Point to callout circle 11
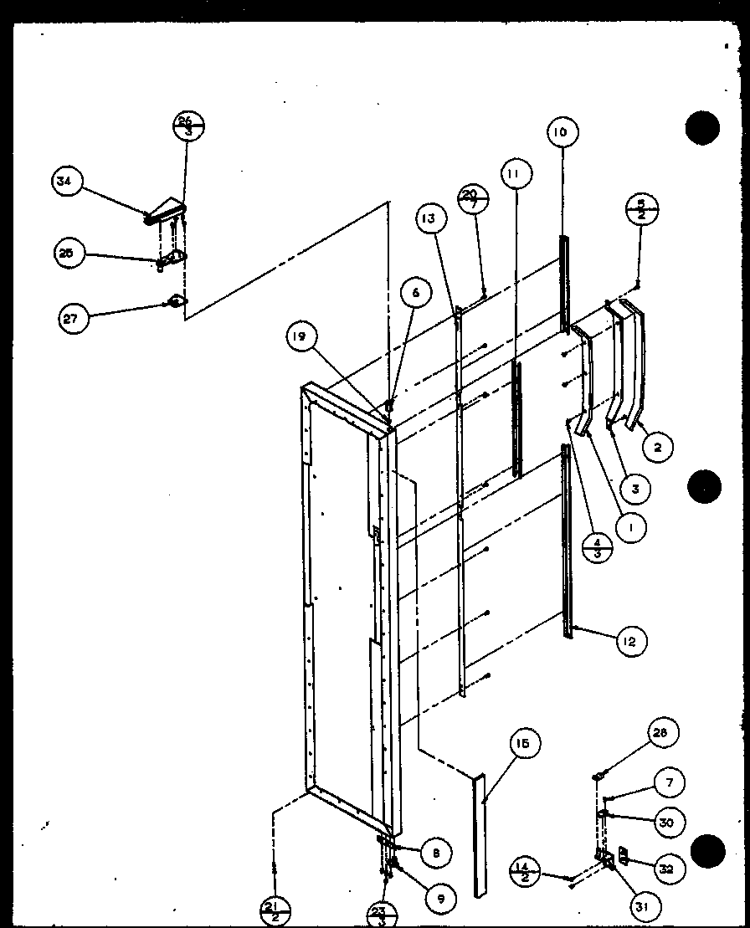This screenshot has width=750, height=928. (516, 174)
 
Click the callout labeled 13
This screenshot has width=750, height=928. (429, 219)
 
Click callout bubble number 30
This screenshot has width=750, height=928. (666, 822)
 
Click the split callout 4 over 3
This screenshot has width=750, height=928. (597, 549)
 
